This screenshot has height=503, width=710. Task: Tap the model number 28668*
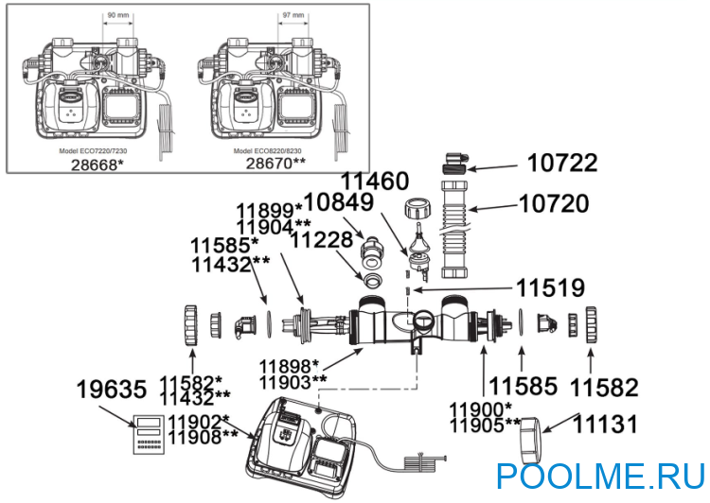point(98,164)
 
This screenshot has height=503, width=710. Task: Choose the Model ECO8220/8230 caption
point(269,150)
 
